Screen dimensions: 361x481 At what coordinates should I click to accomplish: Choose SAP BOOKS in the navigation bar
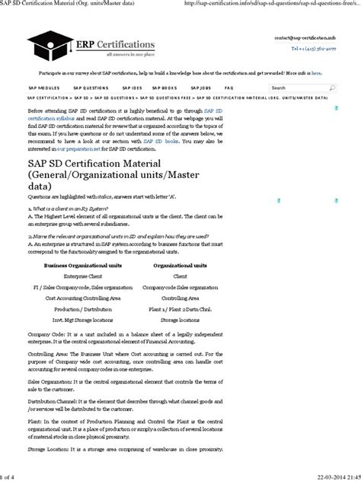point(165,88)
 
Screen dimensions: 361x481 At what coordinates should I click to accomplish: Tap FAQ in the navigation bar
point(229,88)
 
